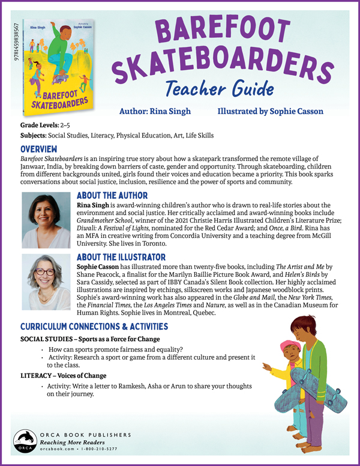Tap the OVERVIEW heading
click(x=40, y=148)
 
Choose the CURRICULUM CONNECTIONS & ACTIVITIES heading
click(x=94, y=327)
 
